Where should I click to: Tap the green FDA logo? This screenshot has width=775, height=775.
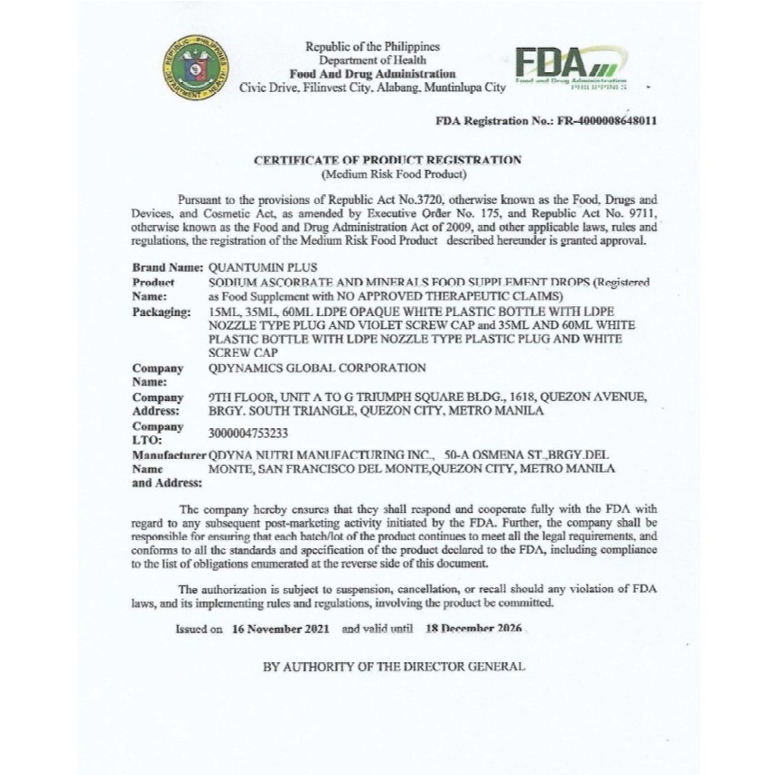point(569,68)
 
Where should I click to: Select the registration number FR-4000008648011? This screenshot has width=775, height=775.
point(593,120)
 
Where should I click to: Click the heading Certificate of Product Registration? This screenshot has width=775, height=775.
point(387,160)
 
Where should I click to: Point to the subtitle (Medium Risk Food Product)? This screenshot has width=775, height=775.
point(387,173)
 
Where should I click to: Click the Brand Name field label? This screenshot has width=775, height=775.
point(167,268)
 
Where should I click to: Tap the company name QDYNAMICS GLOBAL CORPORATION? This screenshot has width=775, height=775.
point(316,368)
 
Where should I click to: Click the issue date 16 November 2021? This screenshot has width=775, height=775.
point(280,628)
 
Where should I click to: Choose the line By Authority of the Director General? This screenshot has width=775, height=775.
point(394,667)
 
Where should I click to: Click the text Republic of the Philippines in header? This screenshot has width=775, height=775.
point(372,47)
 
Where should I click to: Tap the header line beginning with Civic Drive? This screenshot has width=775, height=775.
point(372,88)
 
